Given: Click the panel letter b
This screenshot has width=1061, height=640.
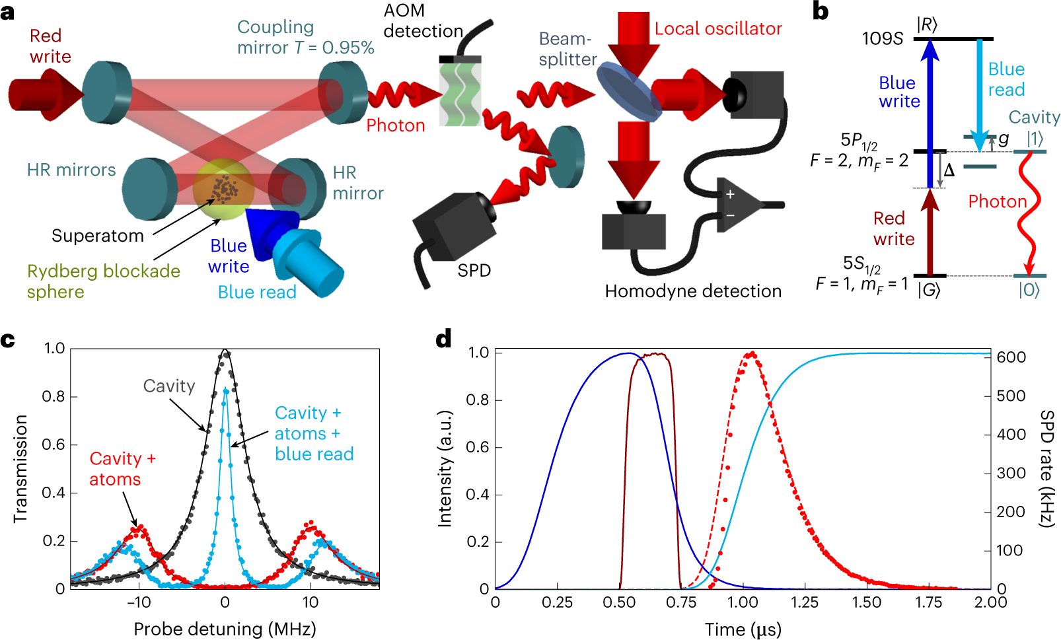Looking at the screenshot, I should [x=820, y=11].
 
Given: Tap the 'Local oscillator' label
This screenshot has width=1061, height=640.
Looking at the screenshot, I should [x=718, y=29].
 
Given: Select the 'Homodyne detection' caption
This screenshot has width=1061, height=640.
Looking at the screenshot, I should [x=693, y=291].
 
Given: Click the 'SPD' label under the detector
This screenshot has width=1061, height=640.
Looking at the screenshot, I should [x=474, y=271].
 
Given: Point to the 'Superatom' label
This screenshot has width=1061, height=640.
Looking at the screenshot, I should [x=98, y=236].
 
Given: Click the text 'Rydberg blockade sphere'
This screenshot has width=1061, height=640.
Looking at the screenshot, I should [x=103, y=281].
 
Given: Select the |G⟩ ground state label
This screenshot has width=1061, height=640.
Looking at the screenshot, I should [x=929, y=290].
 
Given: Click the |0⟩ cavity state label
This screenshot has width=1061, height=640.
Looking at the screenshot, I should [x=1029, y=290].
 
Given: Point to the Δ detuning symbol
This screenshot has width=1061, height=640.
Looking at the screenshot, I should [x=949, y=170].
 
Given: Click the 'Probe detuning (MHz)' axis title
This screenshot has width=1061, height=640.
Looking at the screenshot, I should [x=225, y=629].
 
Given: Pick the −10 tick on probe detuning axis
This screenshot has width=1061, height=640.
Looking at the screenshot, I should [x=139, y=602].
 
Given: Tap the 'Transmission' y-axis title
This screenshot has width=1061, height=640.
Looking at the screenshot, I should [x=20, y=469].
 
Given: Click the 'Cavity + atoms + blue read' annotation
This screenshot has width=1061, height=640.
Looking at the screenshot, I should [x=314, y=433].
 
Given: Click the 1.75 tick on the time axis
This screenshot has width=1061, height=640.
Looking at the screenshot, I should [x=928, y=602].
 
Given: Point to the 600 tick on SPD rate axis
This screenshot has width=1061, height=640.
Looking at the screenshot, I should [x=1011, y=357].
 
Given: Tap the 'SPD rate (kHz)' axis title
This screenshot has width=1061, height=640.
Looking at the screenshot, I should [x=1047, y=469].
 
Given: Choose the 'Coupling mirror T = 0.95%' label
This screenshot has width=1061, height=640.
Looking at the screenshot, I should [x=305, y=37].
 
